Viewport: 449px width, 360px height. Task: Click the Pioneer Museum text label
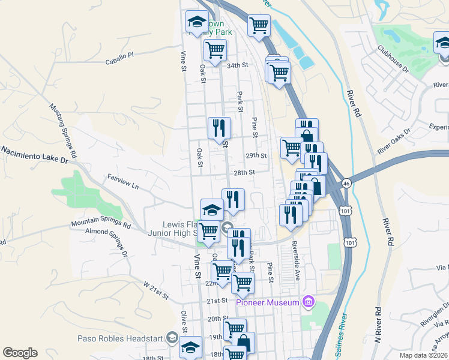(x=267, y=302)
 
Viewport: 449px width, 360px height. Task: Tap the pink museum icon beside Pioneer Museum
(x=309, y=302)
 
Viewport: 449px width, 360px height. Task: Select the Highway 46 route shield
(x=346, y=183)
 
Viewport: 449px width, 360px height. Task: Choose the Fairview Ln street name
(x=123, y=182)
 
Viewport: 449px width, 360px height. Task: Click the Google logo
(x=20, y=353)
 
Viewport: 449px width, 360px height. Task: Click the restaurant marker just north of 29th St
(x=219, y=127)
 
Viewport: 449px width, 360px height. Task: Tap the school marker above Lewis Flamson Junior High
(x=211, y=209)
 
